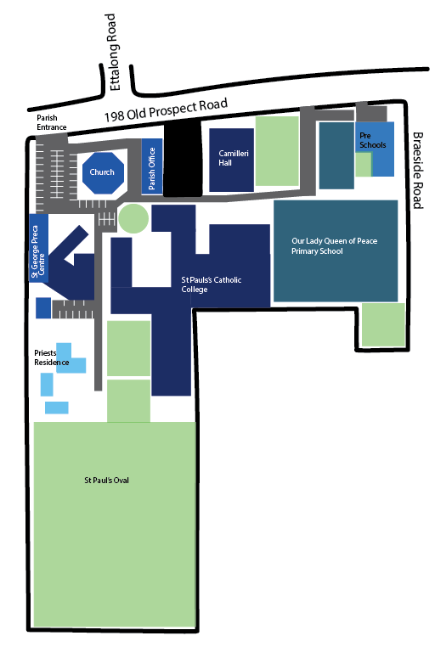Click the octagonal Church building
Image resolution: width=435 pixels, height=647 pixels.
pyautogui.click(x=103, y=173)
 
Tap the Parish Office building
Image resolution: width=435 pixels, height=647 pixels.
pyautogui.click(x=152, y=166)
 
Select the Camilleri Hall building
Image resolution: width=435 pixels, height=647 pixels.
pyautogui.click(x=232, y=160)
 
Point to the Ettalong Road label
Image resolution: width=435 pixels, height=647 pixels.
pyautogui.click(x=113, y=52)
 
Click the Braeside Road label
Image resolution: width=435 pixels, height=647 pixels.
pyautogui.click(x=418, y=171)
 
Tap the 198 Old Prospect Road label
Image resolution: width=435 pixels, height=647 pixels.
pyautogui.click(x=166, y=110)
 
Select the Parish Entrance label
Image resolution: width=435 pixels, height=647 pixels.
pyautogui.click(x=52, y=122)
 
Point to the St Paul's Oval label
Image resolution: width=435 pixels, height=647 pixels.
pyautogui.click(x=106, y=481)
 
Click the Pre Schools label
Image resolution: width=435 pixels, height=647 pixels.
pyautogui.click(x=373, y=140)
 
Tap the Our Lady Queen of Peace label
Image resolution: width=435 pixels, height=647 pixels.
pyautogui.click(x=334, y=241)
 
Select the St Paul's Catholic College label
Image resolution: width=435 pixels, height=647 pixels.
pyautogui.click(x=212, y=284)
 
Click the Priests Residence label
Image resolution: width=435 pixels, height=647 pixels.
pyautogui.click(x=52, y=357)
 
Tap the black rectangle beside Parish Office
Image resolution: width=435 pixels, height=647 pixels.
pyautogui.click(x=183, y=160)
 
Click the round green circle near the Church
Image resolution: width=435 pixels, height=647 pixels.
pyautogui.click(x=133, y=218)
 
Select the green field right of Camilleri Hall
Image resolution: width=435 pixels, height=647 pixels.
pyautogui.click(x=277, y=151)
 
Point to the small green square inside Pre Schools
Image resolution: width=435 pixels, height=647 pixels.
pyautogui.click(x=364, y=165)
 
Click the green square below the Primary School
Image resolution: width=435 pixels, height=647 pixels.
pyautogui.click(x=383, y=324)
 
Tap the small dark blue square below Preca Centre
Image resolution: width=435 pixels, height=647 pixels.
pyautogui.click(x=43, y=308)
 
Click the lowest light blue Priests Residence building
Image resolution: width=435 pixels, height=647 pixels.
pyautogui.click(x=57, y=408)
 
